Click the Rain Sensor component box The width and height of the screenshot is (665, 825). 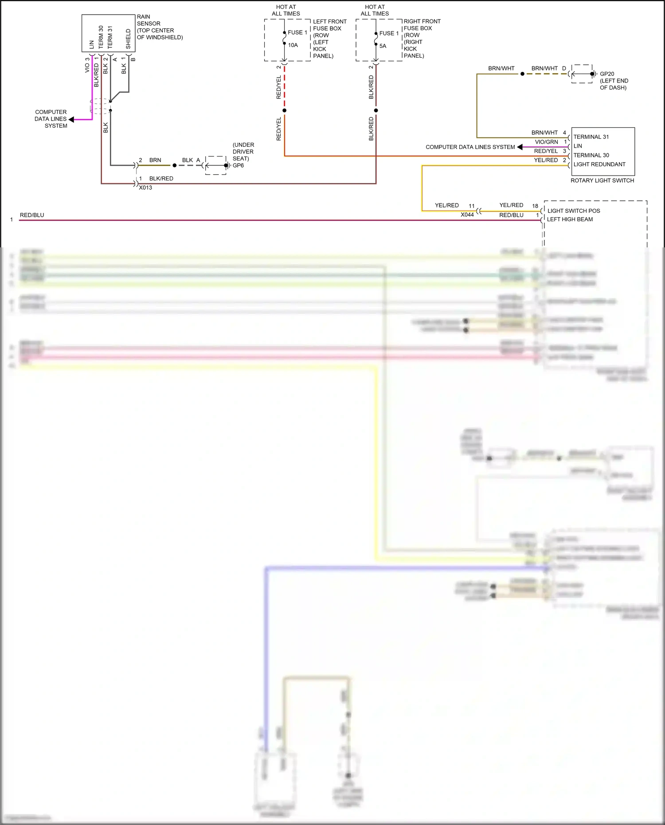[108, 33]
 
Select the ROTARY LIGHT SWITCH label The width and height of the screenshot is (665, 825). [602, 180]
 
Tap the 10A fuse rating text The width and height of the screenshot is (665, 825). [293, 45]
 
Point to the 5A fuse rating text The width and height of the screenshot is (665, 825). [383, 46]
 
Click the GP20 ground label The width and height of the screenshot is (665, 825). [607, 74]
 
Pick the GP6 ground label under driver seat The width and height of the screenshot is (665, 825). [238, 165]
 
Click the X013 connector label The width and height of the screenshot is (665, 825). [145, 188]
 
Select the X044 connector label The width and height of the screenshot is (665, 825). [467, 215]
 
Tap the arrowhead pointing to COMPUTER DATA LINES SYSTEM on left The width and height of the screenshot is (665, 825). [71, 119]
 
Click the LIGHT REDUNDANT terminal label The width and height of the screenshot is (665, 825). [599, 164]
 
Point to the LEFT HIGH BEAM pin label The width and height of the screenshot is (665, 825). [570, 219]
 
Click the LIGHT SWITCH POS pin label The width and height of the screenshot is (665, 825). [573, 211]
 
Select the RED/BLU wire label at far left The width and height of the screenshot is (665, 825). [32, 215]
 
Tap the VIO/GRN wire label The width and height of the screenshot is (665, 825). [546, 142]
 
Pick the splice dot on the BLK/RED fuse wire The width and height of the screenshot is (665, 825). [376, 110]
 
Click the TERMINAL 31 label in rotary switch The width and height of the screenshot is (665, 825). [591, 137]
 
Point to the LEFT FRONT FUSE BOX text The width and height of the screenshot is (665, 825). [329, 25]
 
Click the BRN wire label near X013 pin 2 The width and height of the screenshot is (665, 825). [155, 160]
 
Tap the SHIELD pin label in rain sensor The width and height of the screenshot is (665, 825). [128, 39]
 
